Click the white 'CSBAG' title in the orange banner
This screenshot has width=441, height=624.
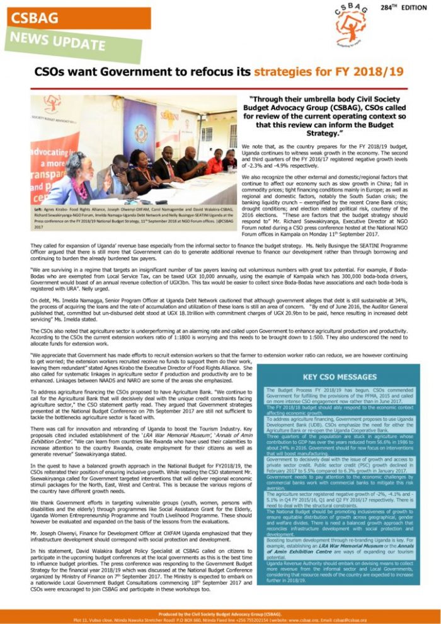(35, 18)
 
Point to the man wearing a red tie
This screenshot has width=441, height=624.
(167, 165)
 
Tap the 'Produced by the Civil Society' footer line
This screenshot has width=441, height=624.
(220, 613)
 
